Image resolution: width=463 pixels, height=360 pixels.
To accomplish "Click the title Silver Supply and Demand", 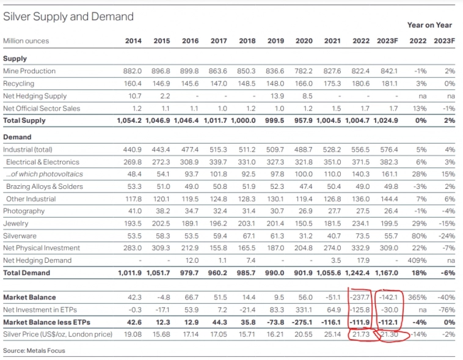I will pos(68,17).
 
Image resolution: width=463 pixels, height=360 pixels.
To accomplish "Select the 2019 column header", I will pos(275,41).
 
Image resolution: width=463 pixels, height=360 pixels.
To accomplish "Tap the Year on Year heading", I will pos(429,25).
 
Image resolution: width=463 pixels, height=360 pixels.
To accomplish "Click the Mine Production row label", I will pos(29,71).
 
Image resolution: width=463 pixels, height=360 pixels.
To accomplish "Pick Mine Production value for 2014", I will pos(133,71).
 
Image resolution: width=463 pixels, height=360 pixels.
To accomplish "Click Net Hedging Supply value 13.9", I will pos(277,96).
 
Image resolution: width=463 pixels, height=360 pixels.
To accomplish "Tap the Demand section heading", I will pos(17,137).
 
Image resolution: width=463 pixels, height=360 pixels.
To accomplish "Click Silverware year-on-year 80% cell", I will pos(418,235).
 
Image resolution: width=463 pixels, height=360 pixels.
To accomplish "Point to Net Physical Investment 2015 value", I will pos(161,248).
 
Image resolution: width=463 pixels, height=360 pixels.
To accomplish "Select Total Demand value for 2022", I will pos(360,273).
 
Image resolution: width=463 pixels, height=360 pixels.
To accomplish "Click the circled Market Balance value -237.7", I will pos(360,297).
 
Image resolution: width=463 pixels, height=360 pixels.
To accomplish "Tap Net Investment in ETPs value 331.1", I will pos(304,309).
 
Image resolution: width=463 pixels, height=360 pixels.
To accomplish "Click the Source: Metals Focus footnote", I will pos(34,350).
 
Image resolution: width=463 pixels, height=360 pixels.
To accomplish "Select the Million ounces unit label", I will pos(26,41).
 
